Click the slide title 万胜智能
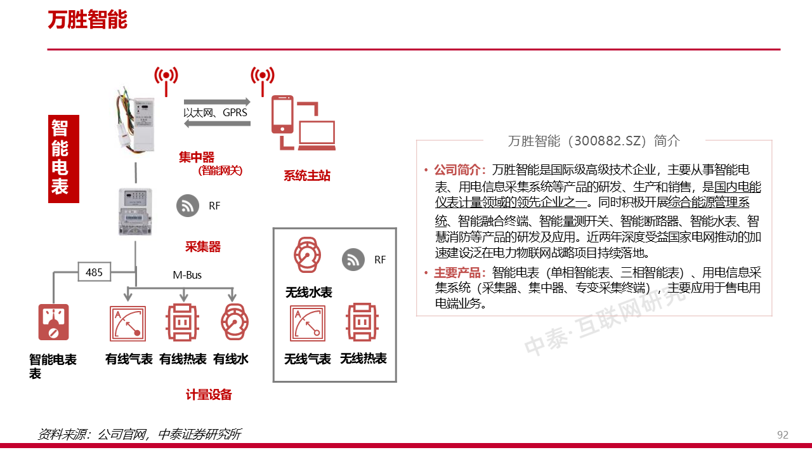[x=88, y=20]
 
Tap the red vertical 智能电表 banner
[x=63, y=159]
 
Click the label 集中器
[x=197, y=157]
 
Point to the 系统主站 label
[x=307, y=176]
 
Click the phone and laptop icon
[x=303, y=123]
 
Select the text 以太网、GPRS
[x=216, y=113]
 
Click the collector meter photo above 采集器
[x=135, y=211]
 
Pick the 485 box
[x=94, y=272]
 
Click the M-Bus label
[x=187, y=275]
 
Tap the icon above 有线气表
[x=128, y=324]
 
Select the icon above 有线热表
[x=183, y=324]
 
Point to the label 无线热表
[x=363, y=359]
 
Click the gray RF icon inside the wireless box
[x=353, y=260]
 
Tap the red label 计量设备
[x=209, y=395]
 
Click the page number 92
[x=783, y=435]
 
